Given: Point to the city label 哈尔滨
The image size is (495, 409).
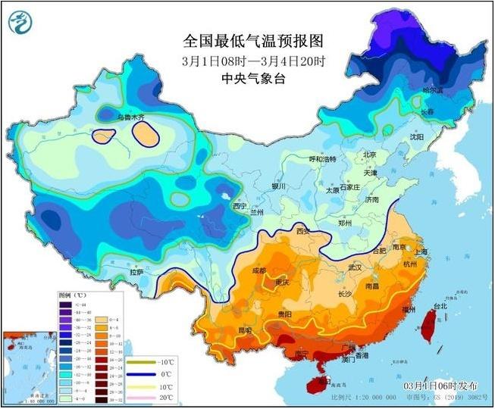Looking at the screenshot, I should pos(433,90).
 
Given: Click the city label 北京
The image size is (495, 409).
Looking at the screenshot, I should pos(369,155).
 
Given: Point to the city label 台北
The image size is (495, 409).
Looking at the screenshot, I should pos(440,307).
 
